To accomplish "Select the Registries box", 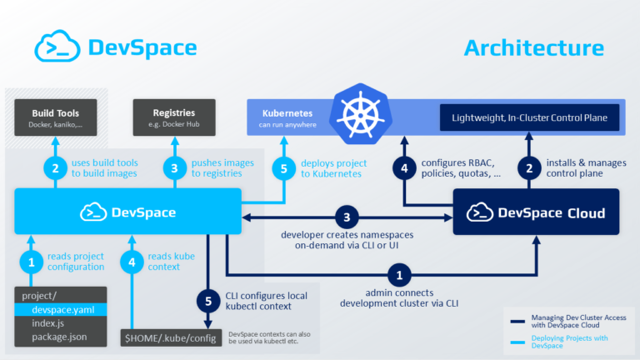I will tap(174, 117).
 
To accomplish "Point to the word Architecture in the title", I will tap(533, 47).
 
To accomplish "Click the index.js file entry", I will tap(50, 322).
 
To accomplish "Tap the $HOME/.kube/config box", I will tap(171, 337).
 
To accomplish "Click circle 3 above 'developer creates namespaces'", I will tap(347, 219).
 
